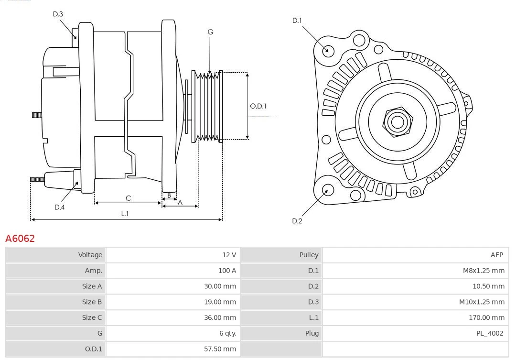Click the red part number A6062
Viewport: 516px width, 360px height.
(20, 238)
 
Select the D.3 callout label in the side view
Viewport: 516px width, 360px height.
(58, 14)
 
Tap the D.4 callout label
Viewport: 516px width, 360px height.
(59, 207)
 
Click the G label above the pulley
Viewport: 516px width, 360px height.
(210, 32)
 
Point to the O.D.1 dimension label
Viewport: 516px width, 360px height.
(258, 106)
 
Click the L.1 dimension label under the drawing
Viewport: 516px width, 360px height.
(125, 214)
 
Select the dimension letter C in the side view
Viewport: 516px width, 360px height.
(128, 198)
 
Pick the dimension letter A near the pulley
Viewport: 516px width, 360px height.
(180, 202)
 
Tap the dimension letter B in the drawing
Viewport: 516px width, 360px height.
(169, 195)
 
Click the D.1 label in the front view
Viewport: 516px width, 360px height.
(297, 20)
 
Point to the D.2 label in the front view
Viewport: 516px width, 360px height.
(297, 221)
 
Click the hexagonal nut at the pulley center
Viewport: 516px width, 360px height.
(397, 121)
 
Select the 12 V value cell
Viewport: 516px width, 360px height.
(229, 255)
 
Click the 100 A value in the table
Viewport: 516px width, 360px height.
(227, 271)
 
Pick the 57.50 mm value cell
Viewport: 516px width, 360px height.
(220, 349)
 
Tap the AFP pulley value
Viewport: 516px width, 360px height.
(496, 255)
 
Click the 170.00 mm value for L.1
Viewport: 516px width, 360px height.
(486, 317)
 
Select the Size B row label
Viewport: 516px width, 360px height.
(92, 302)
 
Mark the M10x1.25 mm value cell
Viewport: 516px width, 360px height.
(482, 302)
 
